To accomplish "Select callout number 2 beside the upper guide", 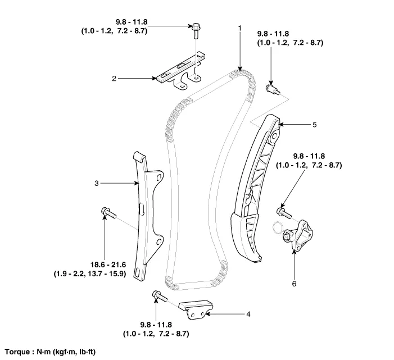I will pos(114,79).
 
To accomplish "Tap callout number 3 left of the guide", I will pos(96,183).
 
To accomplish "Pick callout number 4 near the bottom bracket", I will pos(248,313).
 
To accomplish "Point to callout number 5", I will pos(315,124).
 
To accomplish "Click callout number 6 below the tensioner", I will pos(293,284).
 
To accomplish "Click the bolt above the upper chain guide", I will pos(196,28).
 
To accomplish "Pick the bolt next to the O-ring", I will pos(282,212).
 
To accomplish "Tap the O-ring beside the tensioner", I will pos(277,227).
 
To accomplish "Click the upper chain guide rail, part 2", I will pos(180,68).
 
